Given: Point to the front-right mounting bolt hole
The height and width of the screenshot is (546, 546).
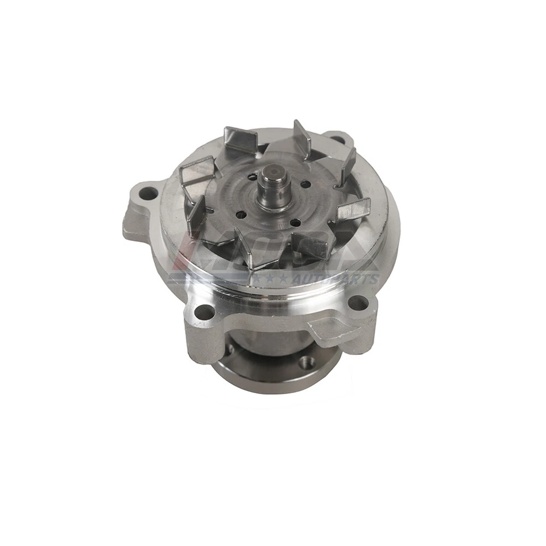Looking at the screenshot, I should coord(357,303).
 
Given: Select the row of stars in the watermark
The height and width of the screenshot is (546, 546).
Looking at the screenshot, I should coord(272,279).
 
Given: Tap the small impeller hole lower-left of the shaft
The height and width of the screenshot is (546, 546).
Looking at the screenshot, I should coord(242,215).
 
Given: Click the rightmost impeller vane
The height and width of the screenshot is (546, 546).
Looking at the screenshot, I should coord(354,210).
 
